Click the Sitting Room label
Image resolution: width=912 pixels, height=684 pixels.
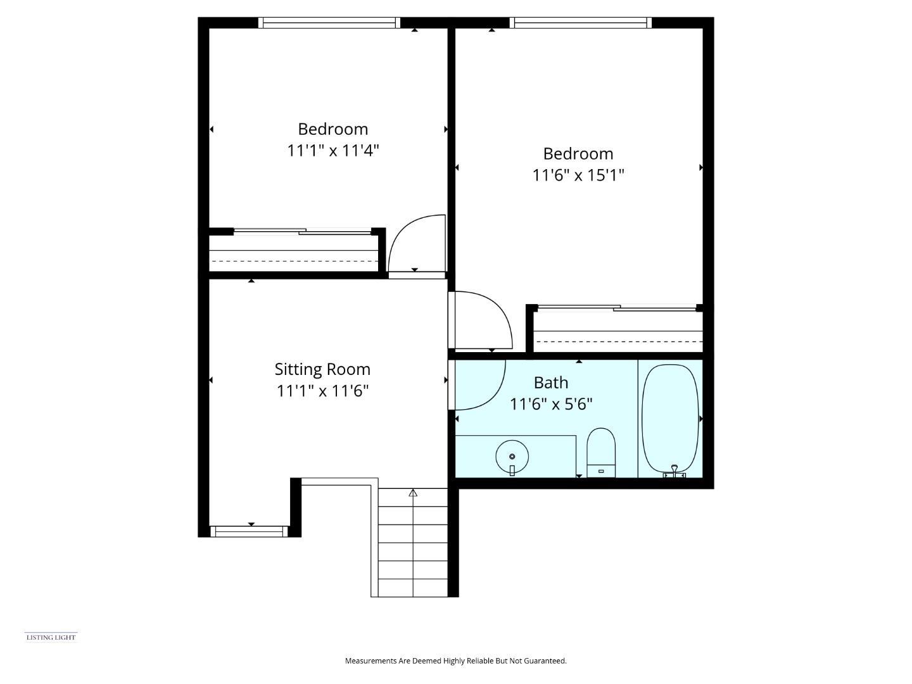point(322,369)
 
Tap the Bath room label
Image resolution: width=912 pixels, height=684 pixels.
point(551,383)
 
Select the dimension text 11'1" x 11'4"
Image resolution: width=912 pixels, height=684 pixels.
point(333,151)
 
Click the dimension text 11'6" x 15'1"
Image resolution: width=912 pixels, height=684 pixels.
point(578,175)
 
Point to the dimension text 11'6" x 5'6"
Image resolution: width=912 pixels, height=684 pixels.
point(551,404)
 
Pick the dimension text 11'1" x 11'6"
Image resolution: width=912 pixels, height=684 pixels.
point(322,391)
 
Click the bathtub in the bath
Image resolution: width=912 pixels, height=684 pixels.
point(670,418)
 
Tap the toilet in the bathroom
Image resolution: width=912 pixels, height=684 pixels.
point(601,452)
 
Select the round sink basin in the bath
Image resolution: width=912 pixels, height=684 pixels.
point(512,456)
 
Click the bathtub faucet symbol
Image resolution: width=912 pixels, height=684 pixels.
point(674,471)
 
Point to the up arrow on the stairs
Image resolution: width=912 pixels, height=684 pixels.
point(414,493)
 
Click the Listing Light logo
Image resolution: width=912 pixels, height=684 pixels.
point(51,637)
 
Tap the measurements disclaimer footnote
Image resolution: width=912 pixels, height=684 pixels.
point(455,661)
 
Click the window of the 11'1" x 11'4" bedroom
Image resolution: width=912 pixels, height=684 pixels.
point(329,23)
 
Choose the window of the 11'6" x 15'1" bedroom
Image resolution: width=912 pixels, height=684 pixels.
point(581,23)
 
